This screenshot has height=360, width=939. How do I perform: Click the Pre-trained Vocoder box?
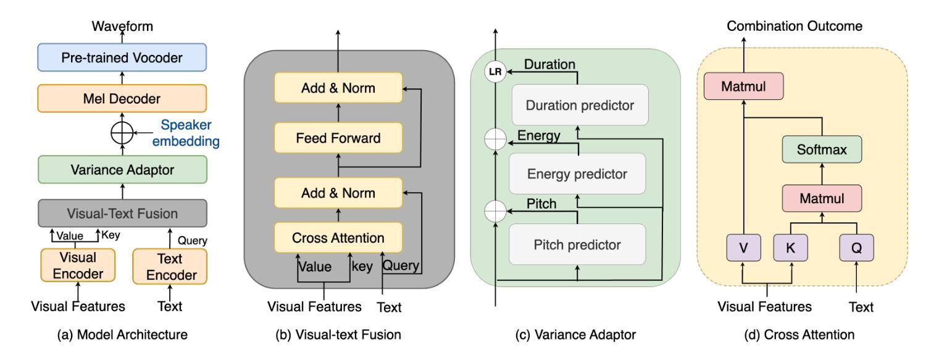pos(122,57)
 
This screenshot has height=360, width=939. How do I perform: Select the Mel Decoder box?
pos(122,98)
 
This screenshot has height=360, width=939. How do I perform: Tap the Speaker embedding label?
pos(186,133)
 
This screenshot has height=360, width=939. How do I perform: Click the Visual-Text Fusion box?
pos(122,213)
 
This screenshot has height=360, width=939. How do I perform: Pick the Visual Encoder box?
pos(78,266)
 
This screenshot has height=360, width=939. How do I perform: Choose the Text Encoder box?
pos(170,267)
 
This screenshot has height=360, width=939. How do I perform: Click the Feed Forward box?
pos(338,138)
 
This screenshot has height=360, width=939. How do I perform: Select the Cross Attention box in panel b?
pos(338,238)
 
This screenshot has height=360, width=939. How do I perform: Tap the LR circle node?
pos(495,72)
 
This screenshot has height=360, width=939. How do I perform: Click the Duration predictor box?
pos(580,105)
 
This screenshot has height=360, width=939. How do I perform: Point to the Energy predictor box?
pos(577,174)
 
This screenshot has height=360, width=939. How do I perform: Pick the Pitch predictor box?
pos(577,245)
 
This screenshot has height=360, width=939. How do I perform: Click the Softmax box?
pos(822,149)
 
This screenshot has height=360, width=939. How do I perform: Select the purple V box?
pos(744,248)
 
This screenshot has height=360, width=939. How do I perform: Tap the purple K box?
pos(791,248)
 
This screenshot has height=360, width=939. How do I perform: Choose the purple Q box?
pos(856,248)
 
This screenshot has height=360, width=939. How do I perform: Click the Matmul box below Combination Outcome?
pos(744,86)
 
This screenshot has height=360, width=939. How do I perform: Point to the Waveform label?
pos(122,26)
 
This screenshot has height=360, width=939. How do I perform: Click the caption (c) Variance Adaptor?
pos(575,335)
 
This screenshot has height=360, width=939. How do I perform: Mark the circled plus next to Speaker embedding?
pos(122,133)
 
